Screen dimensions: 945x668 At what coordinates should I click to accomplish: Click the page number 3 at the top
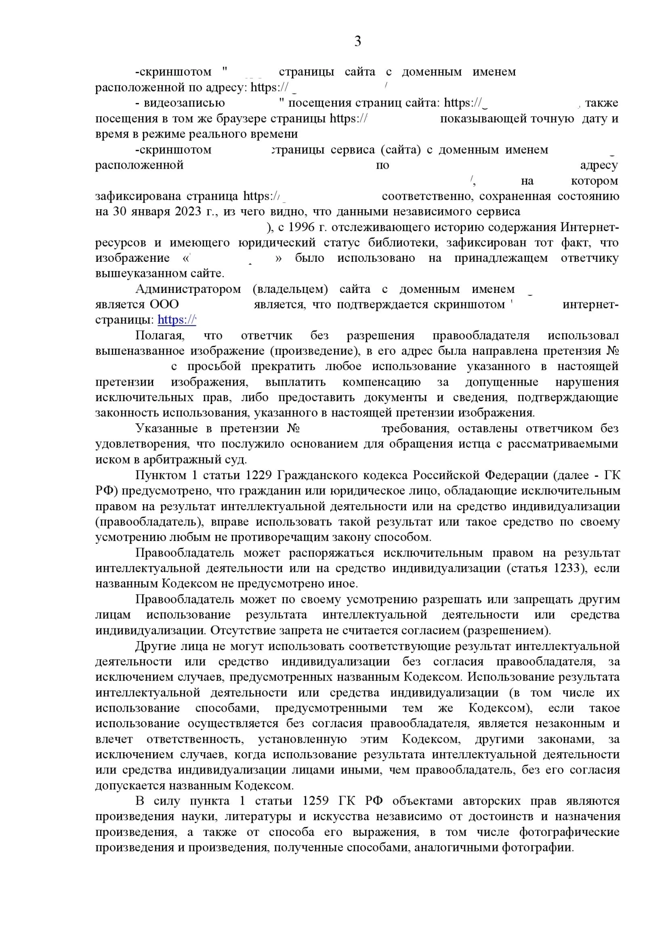point(358,42)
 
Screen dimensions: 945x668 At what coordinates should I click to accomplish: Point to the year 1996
point(301,227)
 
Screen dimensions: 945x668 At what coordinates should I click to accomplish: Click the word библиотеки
point(377,243)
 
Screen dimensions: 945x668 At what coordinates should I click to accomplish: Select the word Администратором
point(188,289)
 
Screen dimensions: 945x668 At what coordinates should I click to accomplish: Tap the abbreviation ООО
point(164,304)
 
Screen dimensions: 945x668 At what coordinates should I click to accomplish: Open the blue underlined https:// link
point(176,320)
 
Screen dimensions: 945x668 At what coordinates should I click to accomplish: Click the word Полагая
point(160,335)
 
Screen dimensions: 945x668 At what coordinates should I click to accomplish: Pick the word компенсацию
point(381,382)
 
